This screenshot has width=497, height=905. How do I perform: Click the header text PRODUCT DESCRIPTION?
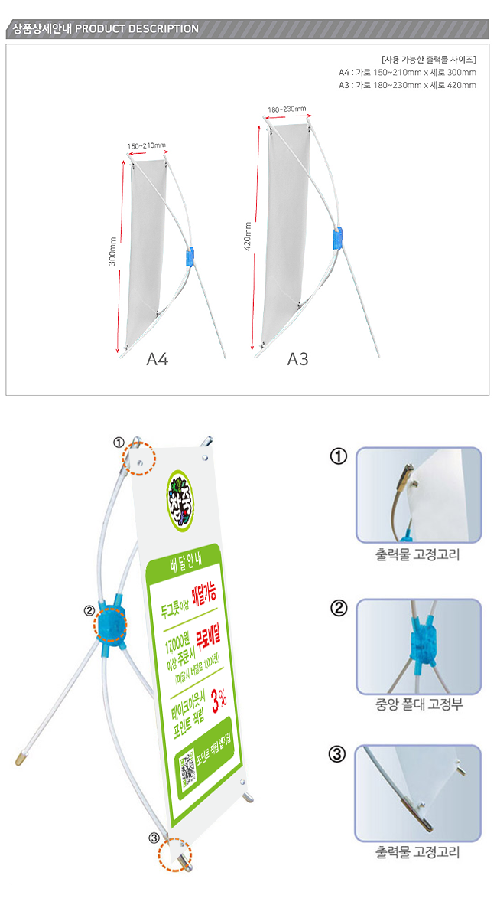[138, 29]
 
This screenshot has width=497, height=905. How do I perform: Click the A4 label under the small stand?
[157, 359]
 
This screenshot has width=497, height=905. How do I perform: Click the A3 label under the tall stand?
[297, 359]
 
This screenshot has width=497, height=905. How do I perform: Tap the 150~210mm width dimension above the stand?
[146, 145]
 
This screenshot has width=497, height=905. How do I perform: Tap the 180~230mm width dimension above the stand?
[287, 109]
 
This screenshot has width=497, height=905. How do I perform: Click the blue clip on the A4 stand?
[190, 256]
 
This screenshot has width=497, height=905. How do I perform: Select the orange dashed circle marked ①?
[140, 459]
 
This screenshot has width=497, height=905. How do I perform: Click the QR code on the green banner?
[188, 770]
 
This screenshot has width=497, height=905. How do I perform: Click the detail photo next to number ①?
[418, 494]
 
